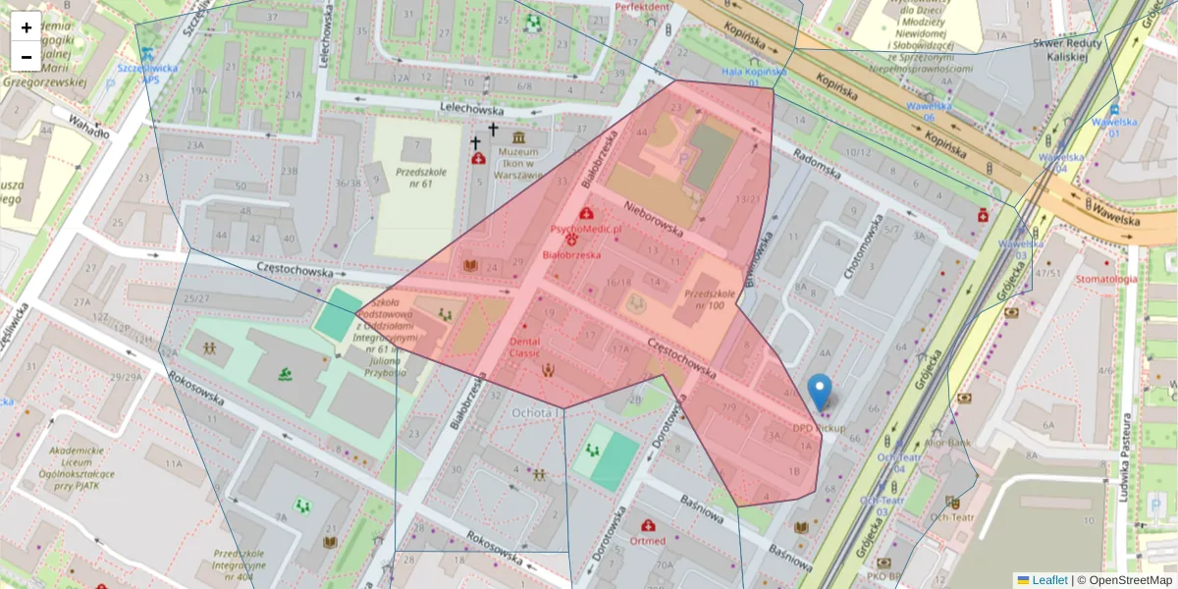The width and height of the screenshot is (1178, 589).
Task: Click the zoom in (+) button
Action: click(27, 27)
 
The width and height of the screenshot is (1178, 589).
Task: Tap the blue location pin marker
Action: click(819, 393)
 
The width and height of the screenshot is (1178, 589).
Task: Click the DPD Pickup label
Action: click(819, 428)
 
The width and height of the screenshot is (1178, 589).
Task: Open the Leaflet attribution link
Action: click(1050, 580)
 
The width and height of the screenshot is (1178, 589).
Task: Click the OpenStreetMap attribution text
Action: click(1124, 580)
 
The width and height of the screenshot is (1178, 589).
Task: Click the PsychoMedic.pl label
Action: click(586, 229)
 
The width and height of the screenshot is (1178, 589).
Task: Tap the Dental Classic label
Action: click(525, 347)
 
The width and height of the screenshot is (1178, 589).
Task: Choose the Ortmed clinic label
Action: click(648, 541)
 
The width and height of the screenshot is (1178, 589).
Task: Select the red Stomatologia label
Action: click(1106, 279)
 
